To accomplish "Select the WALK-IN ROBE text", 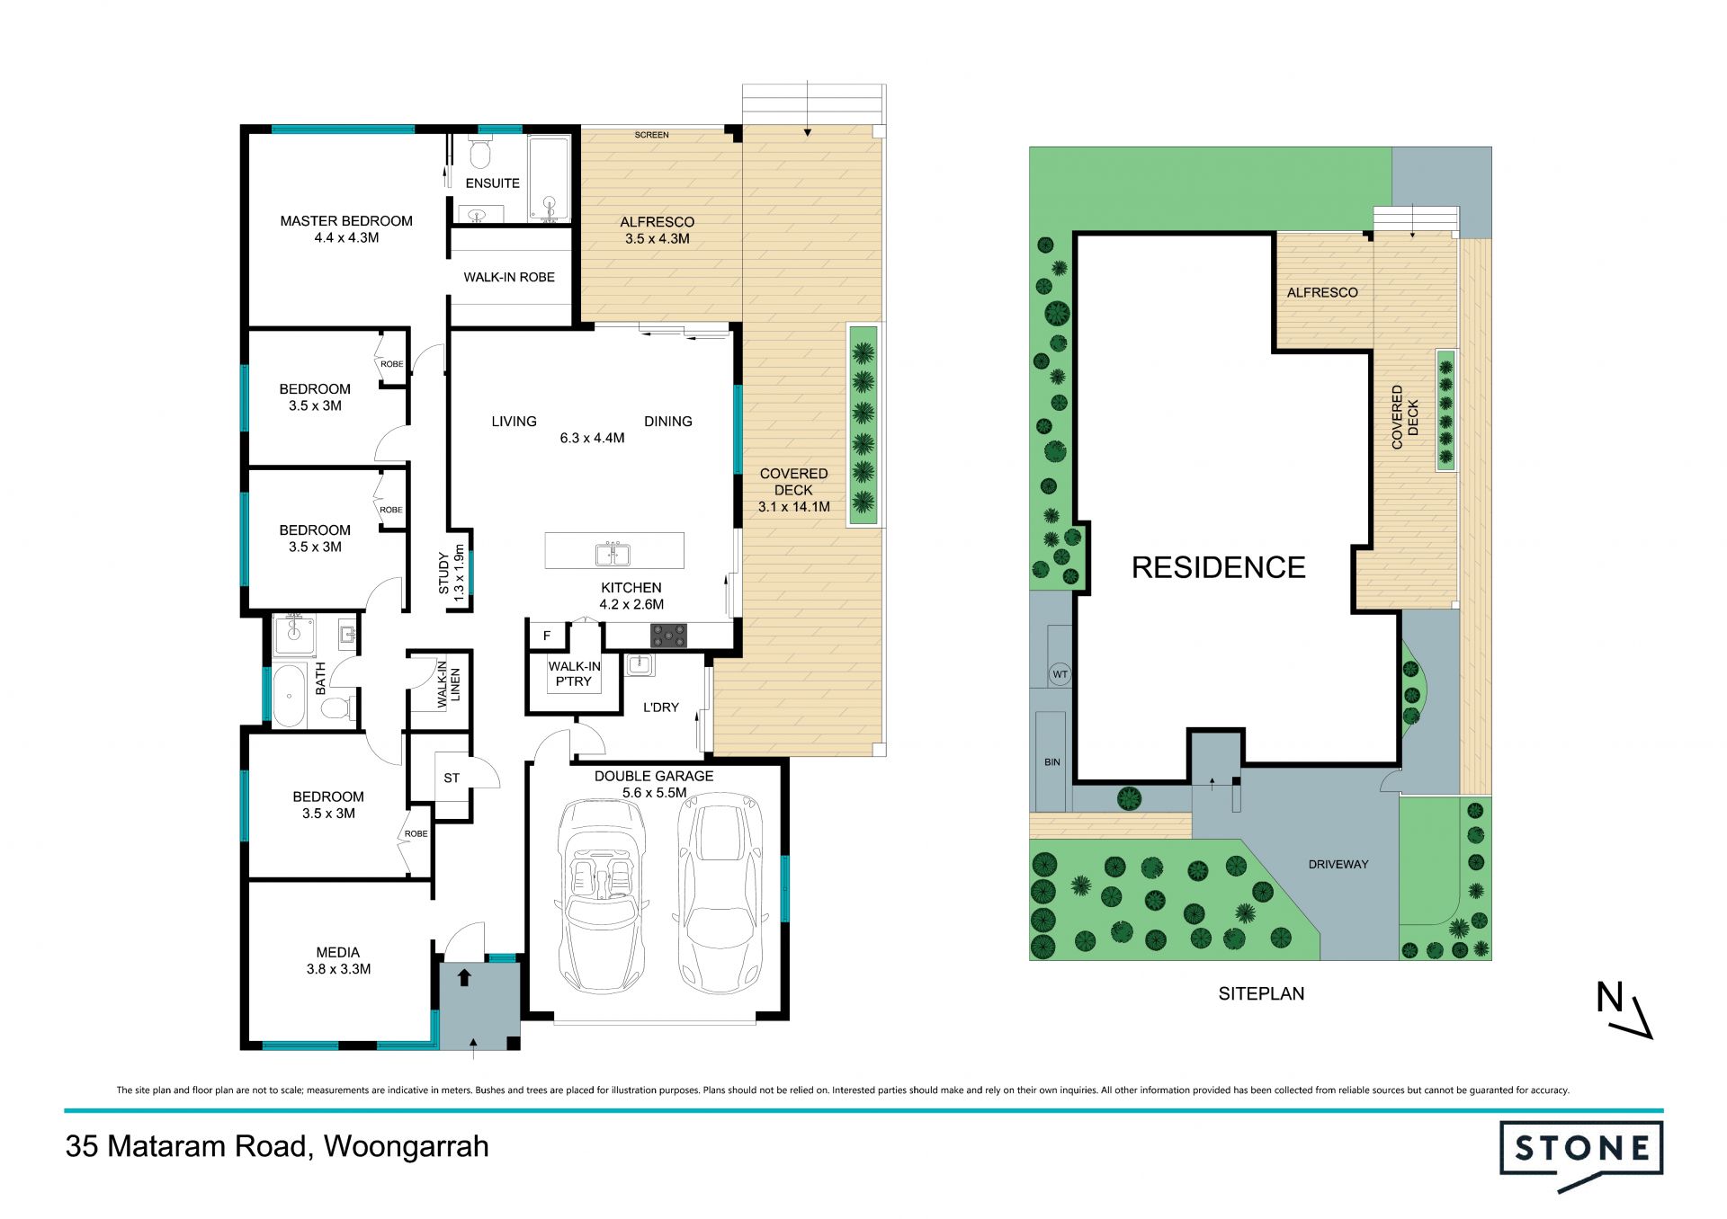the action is coord(509,277).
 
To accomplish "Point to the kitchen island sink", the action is coord(613,554).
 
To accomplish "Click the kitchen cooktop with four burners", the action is coord(668,636).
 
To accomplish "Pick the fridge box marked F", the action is coord(547,636).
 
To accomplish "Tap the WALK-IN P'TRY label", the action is coord(574,674).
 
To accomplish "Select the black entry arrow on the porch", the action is coord(464,977).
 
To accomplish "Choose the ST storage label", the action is coord(452,778).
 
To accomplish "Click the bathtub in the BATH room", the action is coord(289,696).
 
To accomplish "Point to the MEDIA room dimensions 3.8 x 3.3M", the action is coord(338,969).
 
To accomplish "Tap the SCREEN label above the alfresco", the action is coord(651,135).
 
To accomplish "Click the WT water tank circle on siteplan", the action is coord(1060,674).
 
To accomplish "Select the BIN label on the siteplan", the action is coord(1052,762).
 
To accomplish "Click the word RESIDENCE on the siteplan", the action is coord(1218,567).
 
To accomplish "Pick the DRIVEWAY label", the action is coord(1338,864).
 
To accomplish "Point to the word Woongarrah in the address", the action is coord(407,1147).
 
